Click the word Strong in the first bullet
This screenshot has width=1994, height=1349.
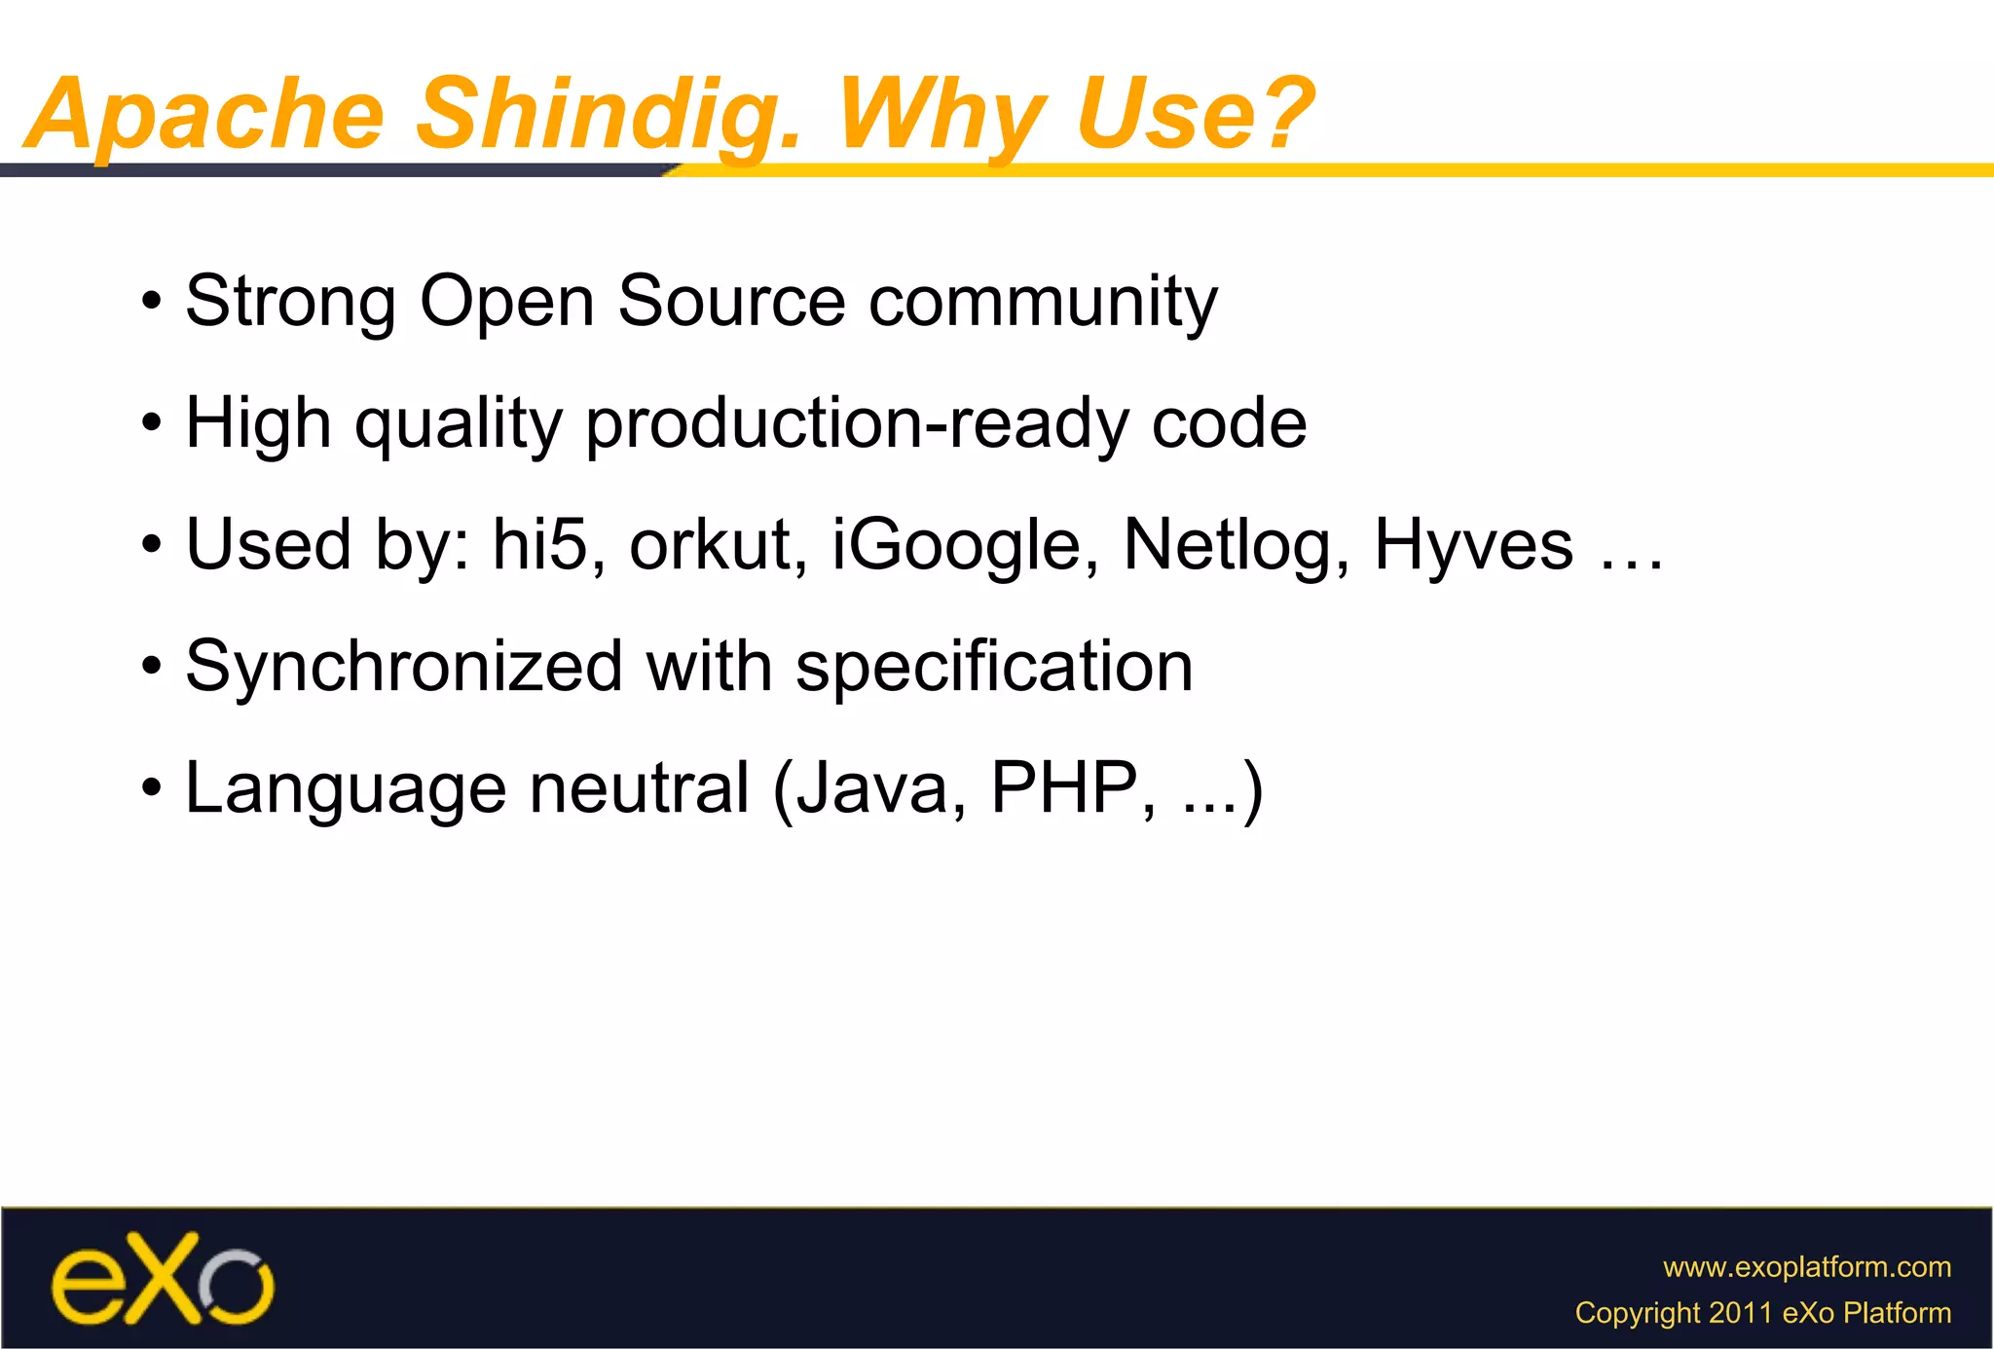(x=290, y=302)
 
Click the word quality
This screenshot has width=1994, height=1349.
(x=459, y=426)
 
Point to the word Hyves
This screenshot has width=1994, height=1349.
(x=1473, y=545)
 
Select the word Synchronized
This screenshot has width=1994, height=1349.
(x=404, y=667)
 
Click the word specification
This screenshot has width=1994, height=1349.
(x=994, y=668)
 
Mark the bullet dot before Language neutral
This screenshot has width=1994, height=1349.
(x=150, y=787)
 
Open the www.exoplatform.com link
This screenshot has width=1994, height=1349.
(x=1806, y=1266)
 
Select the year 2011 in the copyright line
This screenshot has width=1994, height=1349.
(x=1741, y=1313)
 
